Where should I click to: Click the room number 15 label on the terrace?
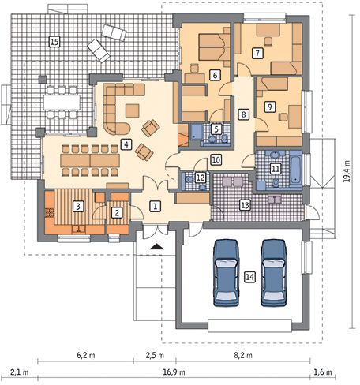54,42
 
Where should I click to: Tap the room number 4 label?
126,144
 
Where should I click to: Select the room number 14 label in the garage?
249,277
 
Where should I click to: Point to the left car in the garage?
227,273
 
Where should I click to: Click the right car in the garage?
274,273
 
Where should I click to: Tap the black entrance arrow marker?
157,246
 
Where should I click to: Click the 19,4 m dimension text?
348,171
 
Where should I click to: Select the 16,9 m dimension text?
174,372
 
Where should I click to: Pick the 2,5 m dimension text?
155,355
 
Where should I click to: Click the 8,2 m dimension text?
243,355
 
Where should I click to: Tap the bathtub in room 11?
295,170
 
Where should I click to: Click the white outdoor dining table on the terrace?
62,102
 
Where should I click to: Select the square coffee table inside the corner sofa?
132,110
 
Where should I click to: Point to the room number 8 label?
243,114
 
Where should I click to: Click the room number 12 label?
201,178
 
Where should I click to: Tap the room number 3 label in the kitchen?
78,206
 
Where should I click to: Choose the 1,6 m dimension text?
323,372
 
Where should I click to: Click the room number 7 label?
257,53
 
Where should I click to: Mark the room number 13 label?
245,205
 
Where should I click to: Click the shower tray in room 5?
197,132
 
